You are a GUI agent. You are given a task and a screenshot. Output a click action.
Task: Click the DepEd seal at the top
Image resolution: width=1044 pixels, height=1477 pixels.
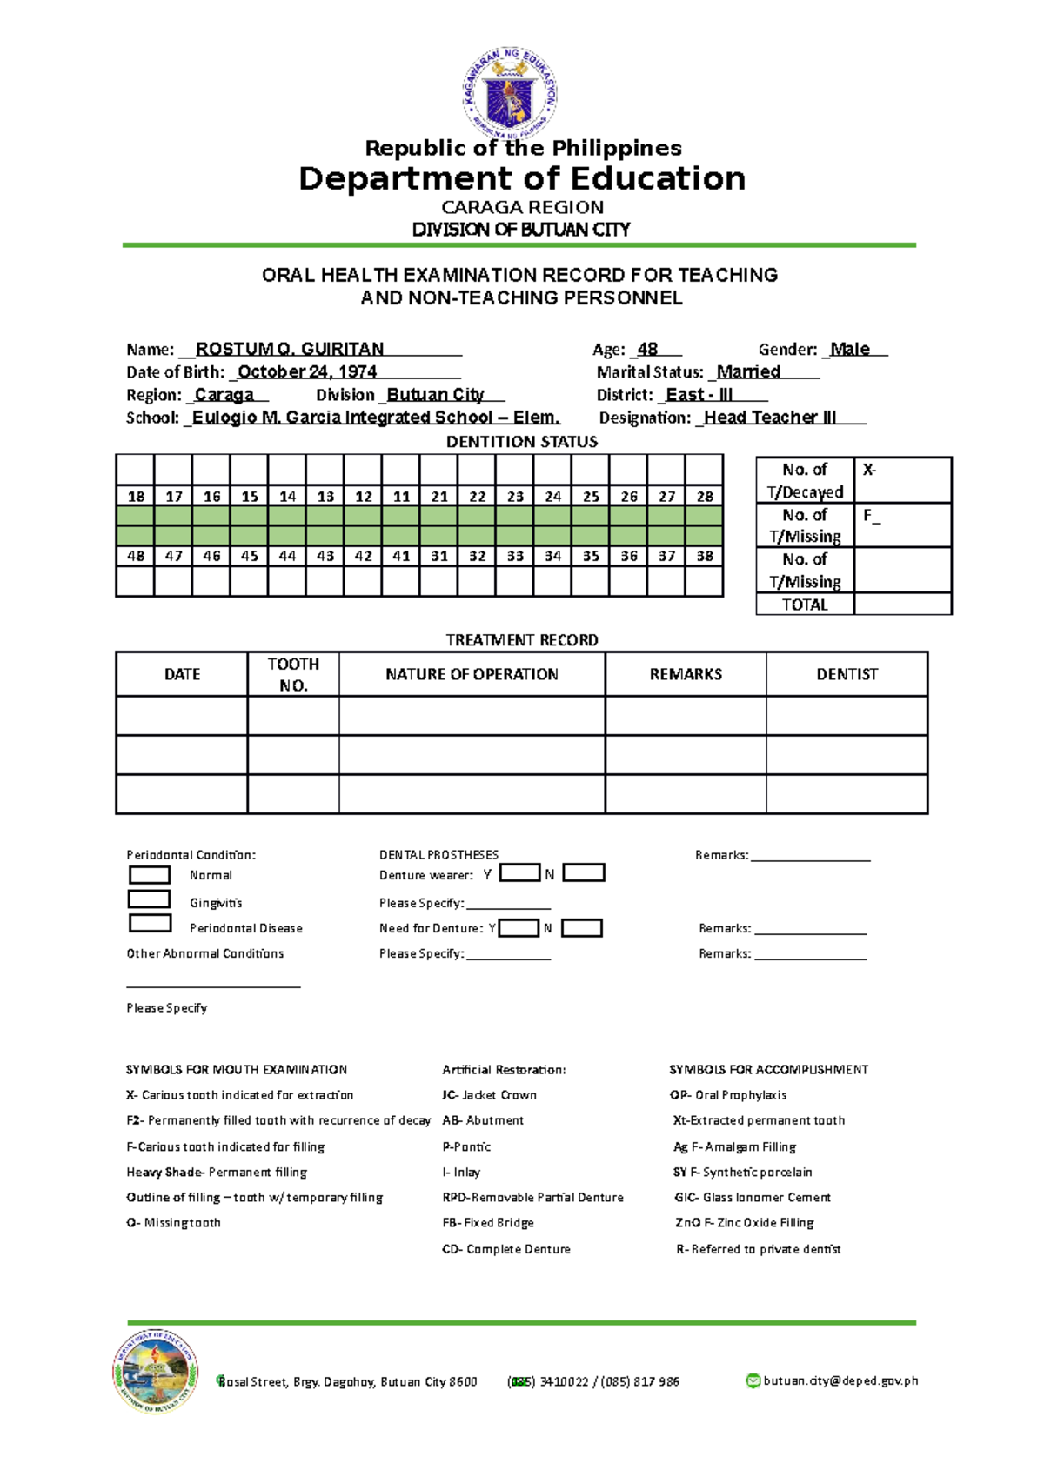pyautogui.click(x=509, y=94)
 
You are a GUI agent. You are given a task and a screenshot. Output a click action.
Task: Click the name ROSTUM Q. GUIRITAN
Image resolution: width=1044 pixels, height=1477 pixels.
pyautogui.click(x=290, y=350)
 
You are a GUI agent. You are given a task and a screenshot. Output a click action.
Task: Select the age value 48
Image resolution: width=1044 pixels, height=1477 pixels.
pyautogui.click(x=647, y=350)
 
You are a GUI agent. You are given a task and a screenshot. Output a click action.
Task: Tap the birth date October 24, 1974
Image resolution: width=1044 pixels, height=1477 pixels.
pyautogui.click(x=307, y=372)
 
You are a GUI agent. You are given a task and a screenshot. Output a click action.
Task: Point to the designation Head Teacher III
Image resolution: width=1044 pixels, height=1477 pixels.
pyautogui.click(x=770, y=418)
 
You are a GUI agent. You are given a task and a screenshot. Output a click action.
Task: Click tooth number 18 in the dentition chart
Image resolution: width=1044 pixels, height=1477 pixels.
pyautogui.click(x=136, y=497)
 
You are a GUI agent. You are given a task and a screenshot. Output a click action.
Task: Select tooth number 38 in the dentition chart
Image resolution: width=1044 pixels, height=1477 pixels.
pyautogui.click(x=704, y=556)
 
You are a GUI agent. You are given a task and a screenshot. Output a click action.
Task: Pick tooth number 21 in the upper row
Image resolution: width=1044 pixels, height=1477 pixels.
pyautogui.click(x=439, y=497)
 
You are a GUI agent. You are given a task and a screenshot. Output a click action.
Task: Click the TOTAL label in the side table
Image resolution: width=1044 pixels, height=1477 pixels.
pyautogui.click(x=805, y=605)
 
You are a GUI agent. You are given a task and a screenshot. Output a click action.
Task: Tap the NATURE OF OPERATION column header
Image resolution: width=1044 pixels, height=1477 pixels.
pyautogui.click(x=472, y=674)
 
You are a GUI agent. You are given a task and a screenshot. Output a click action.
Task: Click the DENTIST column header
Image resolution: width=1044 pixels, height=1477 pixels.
pyautogui.click(x=847, y=674)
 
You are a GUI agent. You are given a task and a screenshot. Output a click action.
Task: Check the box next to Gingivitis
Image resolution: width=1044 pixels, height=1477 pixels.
pyautogui.click(x=149, y=899)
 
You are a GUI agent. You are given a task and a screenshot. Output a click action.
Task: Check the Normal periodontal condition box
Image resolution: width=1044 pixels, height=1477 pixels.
pyautogui.click(x=149, y=874)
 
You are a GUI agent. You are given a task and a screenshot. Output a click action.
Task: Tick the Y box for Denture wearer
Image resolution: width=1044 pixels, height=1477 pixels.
pyautogui.click(x=520, y=872)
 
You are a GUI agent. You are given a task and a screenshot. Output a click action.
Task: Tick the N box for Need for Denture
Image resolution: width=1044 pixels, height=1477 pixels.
pyautogui.click(x=581, y=928)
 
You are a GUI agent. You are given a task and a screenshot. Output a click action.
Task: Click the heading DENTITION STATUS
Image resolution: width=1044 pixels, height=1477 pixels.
pyautogui.click(x=521, y=442)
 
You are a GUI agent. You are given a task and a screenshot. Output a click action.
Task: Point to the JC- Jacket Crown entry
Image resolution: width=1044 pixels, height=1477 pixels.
pyautogui.click(x=489, y=1095)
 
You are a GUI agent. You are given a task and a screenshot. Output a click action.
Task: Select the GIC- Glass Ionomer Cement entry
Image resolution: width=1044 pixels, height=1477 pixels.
pyautogui.click(x=753, y=1198)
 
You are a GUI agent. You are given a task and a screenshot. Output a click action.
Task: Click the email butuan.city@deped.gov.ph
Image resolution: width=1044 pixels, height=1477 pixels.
pyautogui.click(x=840, y=1380)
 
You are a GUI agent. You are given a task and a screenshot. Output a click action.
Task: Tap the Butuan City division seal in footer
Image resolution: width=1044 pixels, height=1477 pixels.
pyautogui.click(x=155, y=1372)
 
